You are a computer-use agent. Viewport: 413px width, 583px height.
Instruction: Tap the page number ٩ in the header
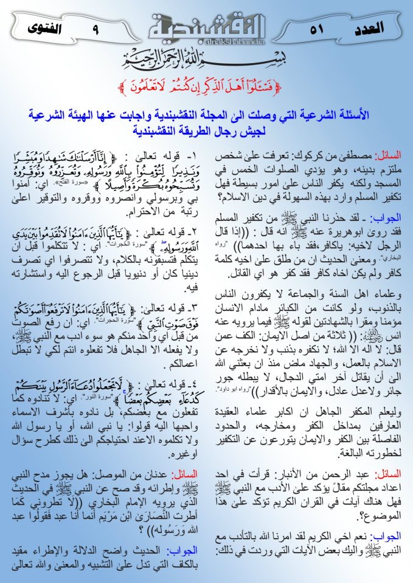click(x=95, y=28)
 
